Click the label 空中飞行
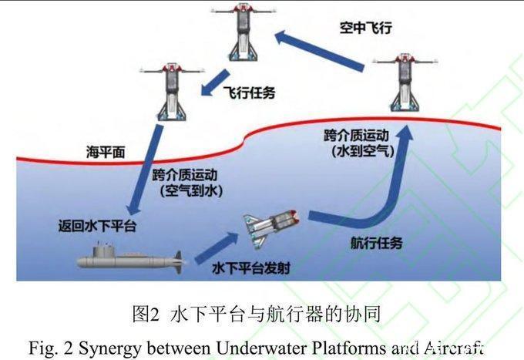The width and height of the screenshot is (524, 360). [x=366, y=28]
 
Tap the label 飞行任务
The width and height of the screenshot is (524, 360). [x=249, y=93]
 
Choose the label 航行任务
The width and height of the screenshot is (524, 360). [x=375, y=244]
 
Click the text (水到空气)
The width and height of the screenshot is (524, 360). [x=360, y=152]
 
